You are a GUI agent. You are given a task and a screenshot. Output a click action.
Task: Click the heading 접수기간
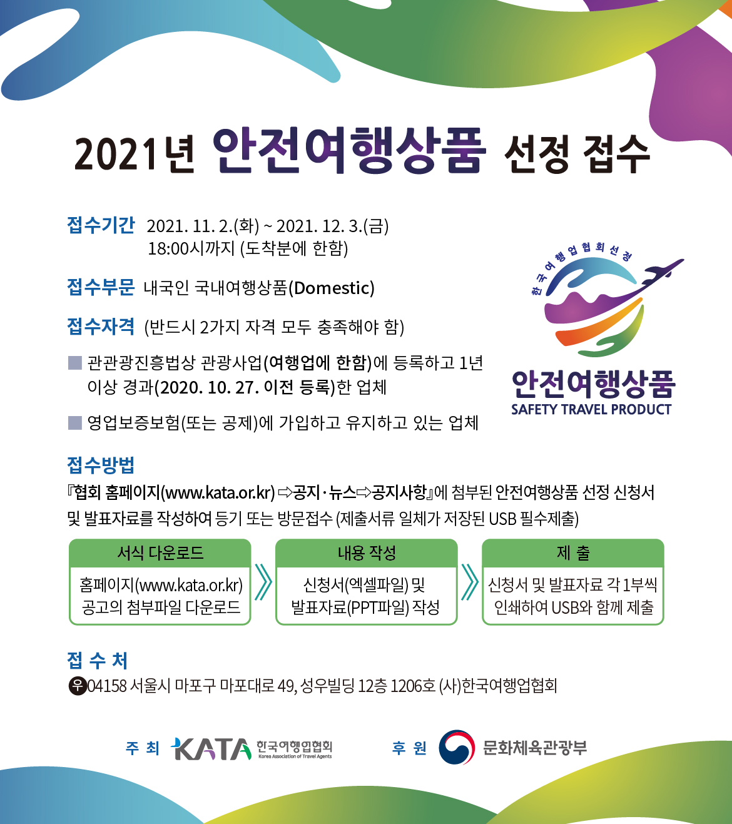(101, 225)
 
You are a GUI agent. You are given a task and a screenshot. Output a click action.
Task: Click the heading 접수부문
(101, 287)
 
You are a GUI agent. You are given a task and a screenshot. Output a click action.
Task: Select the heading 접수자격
(101, 327)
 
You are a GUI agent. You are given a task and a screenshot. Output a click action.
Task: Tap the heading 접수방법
(101, 465)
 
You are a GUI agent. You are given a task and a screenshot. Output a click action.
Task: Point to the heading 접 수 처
(97, 660)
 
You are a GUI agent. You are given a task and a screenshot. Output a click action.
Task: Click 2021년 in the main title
(135, 154)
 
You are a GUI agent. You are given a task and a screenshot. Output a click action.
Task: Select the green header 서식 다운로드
(160, 552)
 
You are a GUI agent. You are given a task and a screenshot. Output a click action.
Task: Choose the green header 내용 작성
(367, 552)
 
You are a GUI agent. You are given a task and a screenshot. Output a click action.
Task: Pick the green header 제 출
(573, 552)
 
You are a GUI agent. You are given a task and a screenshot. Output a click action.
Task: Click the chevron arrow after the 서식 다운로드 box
(263, 582)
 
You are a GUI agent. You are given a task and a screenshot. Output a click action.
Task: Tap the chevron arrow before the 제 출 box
(470, 582)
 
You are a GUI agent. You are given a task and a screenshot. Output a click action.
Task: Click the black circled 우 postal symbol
(78, 686)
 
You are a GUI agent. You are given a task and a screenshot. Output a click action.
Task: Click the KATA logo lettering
(211, 748)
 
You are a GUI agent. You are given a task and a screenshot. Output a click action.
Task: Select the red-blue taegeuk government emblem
(456, 747)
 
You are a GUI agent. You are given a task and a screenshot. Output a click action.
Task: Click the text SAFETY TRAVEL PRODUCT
(591, 409)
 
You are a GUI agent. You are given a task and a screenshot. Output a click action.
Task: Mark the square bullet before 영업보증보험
(75, 423)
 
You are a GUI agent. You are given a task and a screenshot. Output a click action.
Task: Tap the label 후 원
(409, 748)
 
